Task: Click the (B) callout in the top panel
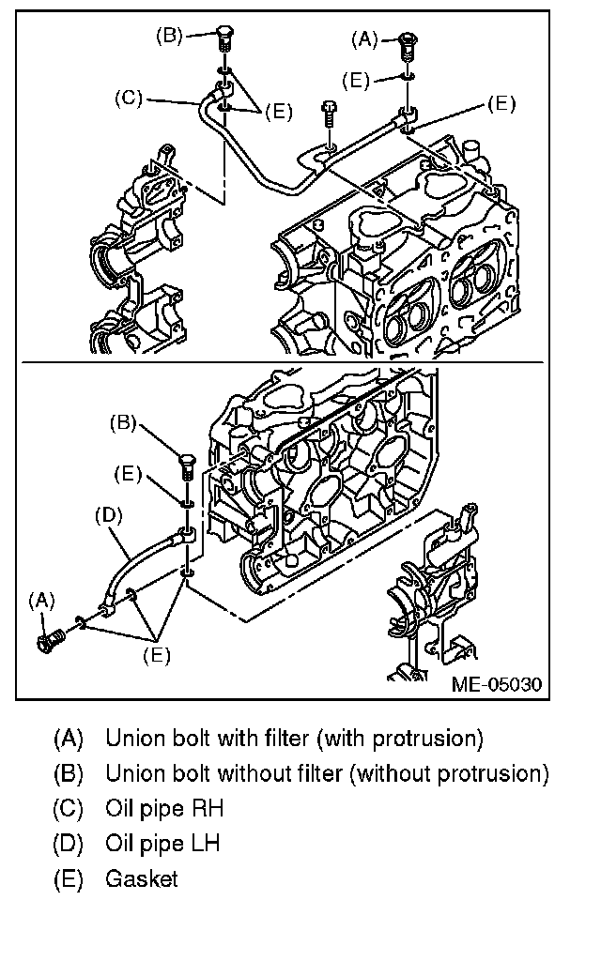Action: [169, 36]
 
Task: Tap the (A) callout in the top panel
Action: [364, 39]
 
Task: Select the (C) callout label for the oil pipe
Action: [128, 97]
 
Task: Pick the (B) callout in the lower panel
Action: [123, 422]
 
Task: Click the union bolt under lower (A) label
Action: [50, 641]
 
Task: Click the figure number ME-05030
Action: [496, 683]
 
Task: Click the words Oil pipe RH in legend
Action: [164, 808]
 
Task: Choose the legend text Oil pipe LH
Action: [162, 843]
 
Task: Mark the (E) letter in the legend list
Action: [69, 878]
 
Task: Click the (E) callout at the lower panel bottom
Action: [156, 654]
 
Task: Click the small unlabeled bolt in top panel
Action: [330, 114]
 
